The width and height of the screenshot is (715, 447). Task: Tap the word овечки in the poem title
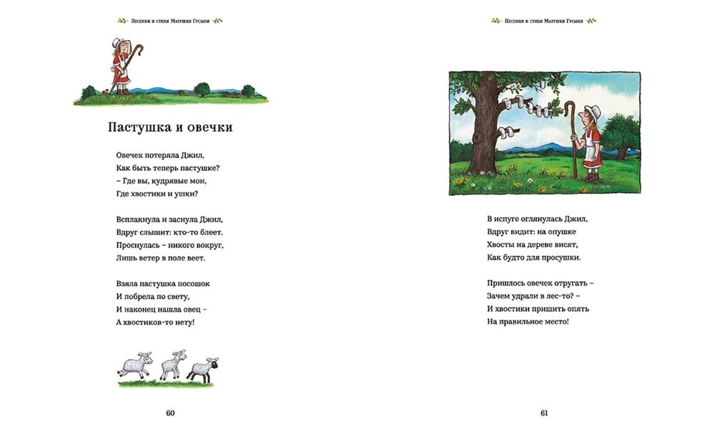[x=209, y=127]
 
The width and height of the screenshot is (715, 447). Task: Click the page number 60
[x=170, y=413]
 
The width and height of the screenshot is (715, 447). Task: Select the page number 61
[x=544, y=413]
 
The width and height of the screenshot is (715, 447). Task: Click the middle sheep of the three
[x=172, y=365]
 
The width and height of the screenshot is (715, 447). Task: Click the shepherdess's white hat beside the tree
[x=593, y=111]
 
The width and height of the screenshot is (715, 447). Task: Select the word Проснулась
[x=139, y=245]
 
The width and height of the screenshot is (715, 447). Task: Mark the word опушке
[x=559, y=232]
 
